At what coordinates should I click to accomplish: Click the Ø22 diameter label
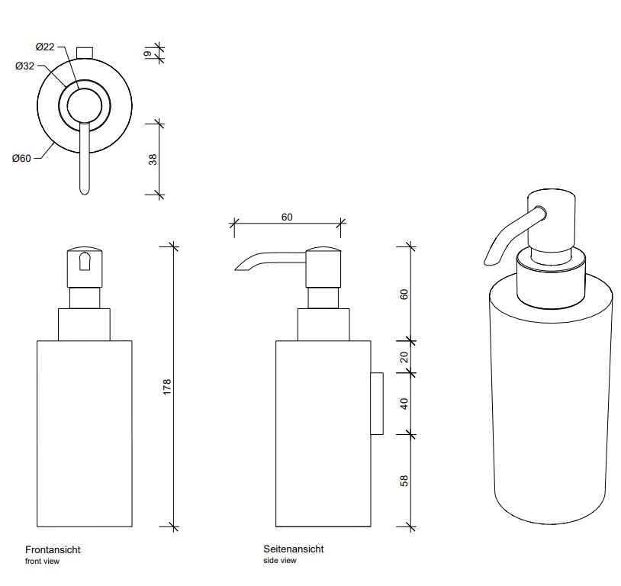tap(45, 47)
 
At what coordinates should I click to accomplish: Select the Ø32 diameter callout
tap(24, 66)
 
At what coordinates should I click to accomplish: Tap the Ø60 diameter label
tap(21, 159)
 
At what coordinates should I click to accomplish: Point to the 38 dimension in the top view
tap(153, 159)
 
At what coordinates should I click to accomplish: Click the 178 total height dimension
tap(167, 386)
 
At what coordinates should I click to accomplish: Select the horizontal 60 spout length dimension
tap(287, 217)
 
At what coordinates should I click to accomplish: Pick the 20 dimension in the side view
tap(404, 356)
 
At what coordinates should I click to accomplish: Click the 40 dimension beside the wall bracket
tap(404, 403)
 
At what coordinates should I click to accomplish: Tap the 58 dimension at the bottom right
tap(404, 481)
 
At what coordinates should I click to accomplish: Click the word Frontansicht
tap(53, 549)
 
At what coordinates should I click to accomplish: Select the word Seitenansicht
tap(294, 549)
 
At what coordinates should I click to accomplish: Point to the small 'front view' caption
tap(42, 562)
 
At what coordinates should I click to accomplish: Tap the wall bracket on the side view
tap(376, 404)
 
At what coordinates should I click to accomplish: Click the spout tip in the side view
tap(239, 266)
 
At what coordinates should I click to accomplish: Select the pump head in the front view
tap(84, 266)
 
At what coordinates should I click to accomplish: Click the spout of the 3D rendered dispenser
tap(500, 241)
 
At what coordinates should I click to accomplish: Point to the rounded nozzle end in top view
tap(84, 187)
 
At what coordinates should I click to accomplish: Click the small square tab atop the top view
tap(85, 52)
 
